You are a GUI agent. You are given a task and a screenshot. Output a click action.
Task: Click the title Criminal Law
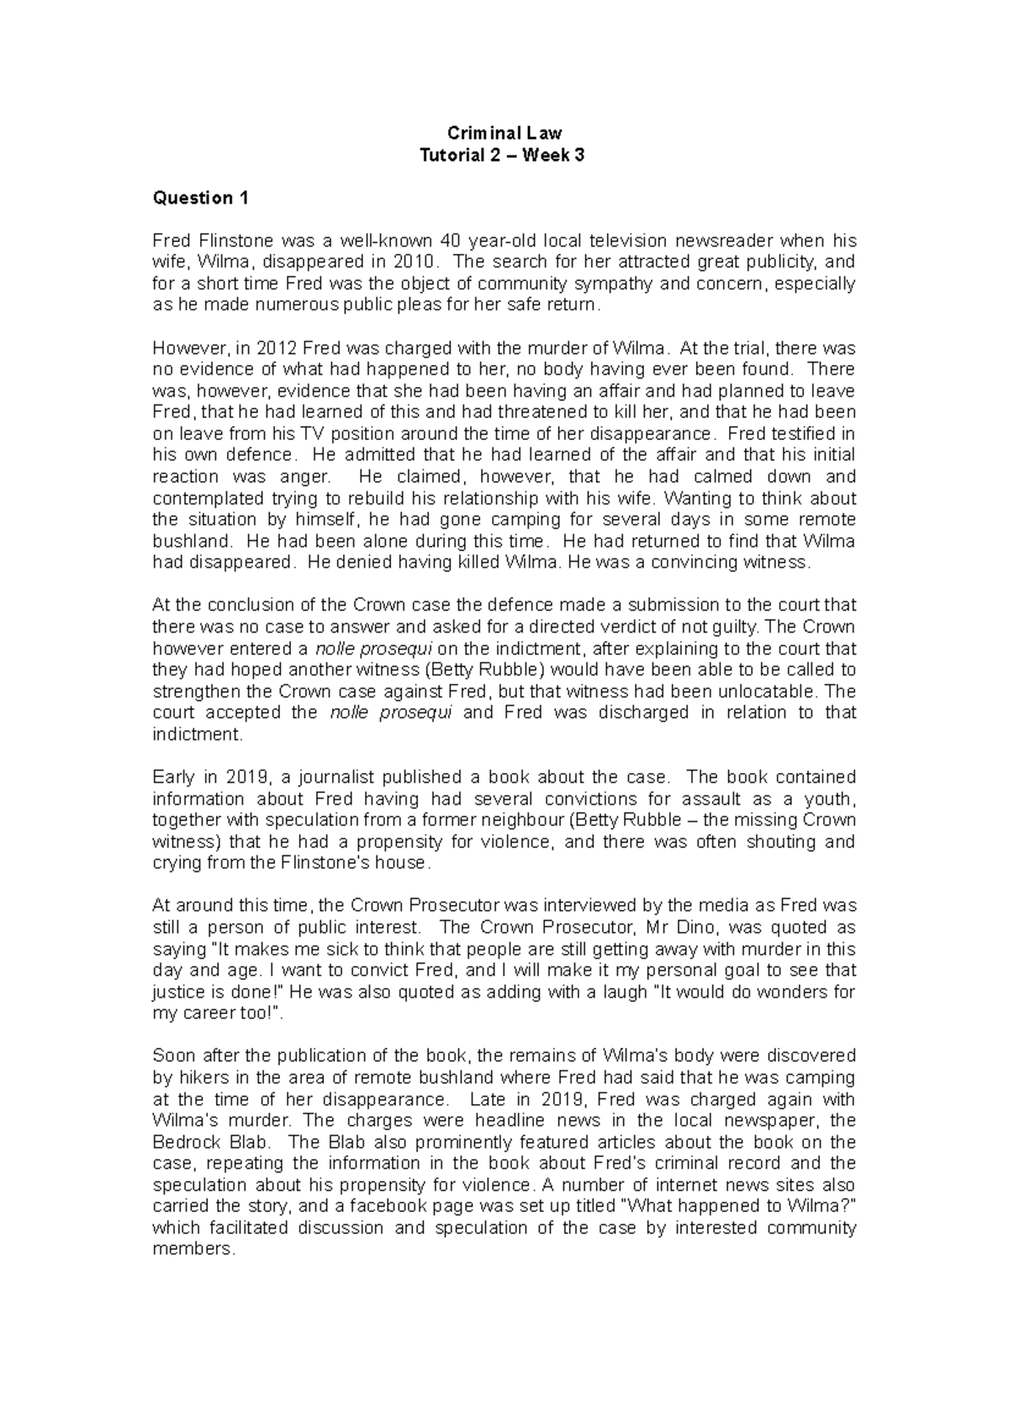coord(504,133)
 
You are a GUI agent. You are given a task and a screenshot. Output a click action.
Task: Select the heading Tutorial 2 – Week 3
coord(503,155)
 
